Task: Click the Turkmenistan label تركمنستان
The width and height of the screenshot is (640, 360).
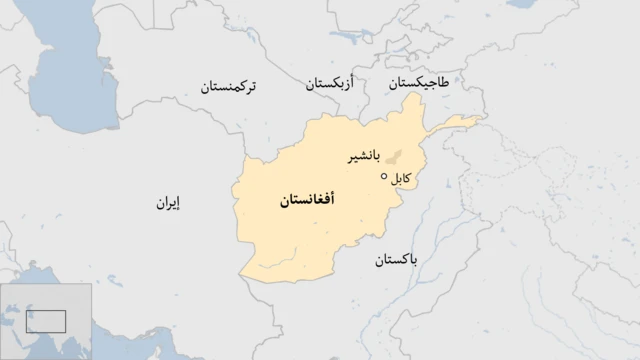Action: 228,86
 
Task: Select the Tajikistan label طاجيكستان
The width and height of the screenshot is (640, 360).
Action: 419,84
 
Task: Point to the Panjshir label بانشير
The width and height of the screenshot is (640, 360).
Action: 363,157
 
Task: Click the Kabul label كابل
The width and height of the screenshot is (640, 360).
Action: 399,179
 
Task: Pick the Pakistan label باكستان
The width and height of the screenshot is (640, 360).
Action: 397,260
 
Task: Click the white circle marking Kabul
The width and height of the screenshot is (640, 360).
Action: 384,176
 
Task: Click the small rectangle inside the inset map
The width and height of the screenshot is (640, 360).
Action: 46,321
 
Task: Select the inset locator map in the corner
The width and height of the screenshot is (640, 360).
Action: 46,320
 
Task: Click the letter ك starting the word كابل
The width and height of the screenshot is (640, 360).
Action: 407,179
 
